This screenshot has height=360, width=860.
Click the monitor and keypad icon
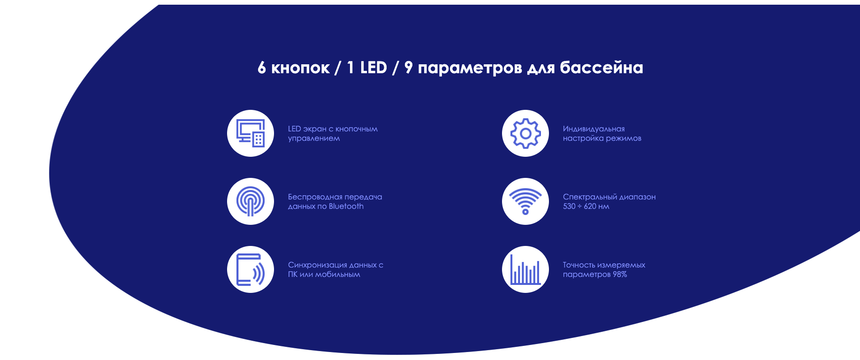(251, 133)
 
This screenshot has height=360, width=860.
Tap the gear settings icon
(525, 133)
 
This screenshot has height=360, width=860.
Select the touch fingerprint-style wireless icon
(251, 201)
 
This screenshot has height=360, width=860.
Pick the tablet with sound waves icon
(251, 269)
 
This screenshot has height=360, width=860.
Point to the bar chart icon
(525, 269)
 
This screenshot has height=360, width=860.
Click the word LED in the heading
(373, 68)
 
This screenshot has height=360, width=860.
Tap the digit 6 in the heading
(262, 68)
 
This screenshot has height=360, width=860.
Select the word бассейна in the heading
(601, 68)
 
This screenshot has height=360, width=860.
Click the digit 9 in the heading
(409, 68)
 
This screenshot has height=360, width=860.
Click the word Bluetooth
(346, 206)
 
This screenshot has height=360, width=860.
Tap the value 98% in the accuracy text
(620, 274)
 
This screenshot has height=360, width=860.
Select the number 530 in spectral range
(569, 206)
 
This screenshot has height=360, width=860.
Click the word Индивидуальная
(594, 129)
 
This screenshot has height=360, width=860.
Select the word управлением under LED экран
(314, 138)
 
